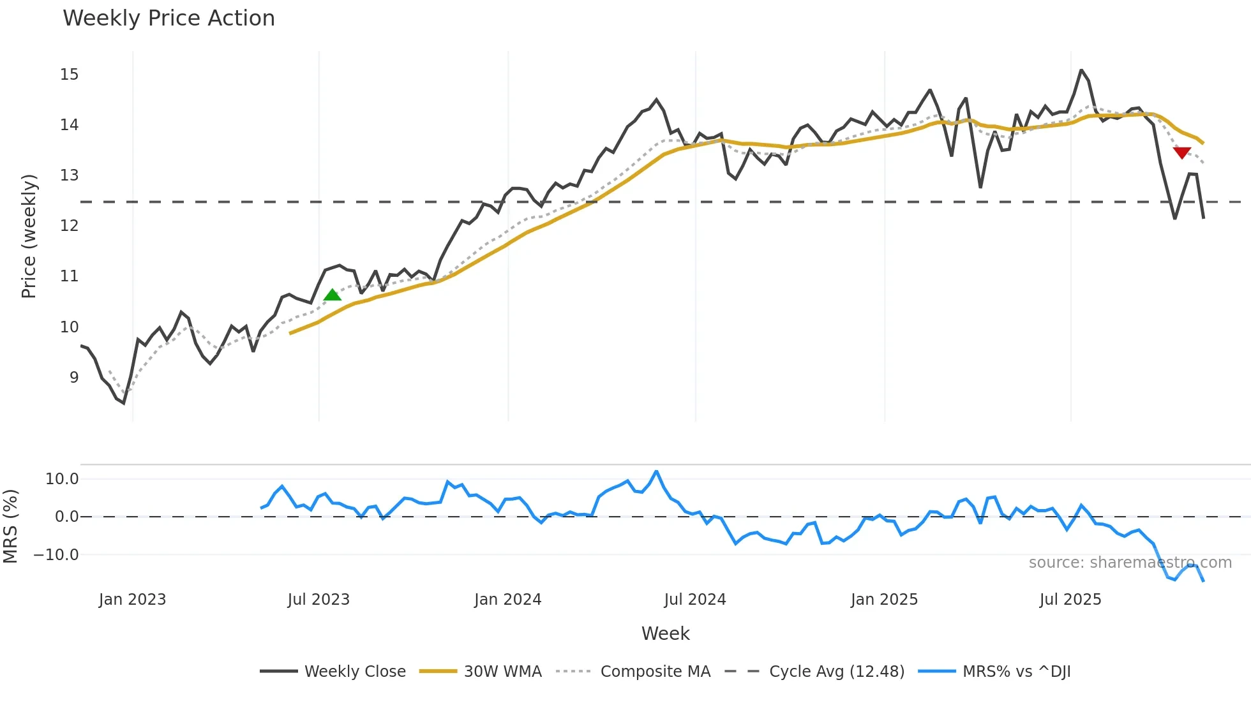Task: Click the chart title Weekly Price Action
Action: click(x=169, y=18)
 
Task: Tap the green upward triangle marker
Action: click(x=333, y=295)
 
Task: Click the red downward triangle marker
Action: click(x=1182, y=152)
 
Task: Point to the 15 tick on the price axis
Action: click(x=70, y=75)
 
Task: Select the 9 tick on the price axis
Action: click(x=74, y=377)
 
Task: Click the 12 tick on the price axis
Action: click(x=70, y=225)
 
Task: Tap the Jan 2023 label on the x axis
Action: click(x=132, y=600)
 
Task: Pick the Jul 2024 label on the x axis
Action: click(x=695, y=600)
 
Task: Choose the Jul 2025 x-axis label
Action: click(x=1070, y=600)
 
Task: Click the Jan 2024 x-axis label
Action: click(x=507, y=600)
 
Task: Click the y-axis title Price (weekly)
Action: click(x=29, y=236)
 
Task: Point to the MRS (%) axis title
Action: click(x=11, y=526)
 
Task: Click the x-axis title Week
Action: click(x=665, y=633)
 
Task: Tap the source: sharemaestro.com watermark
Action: click(x=1130, y=563)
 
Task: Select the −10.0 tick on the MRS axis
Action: click(x=56, y=555)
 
